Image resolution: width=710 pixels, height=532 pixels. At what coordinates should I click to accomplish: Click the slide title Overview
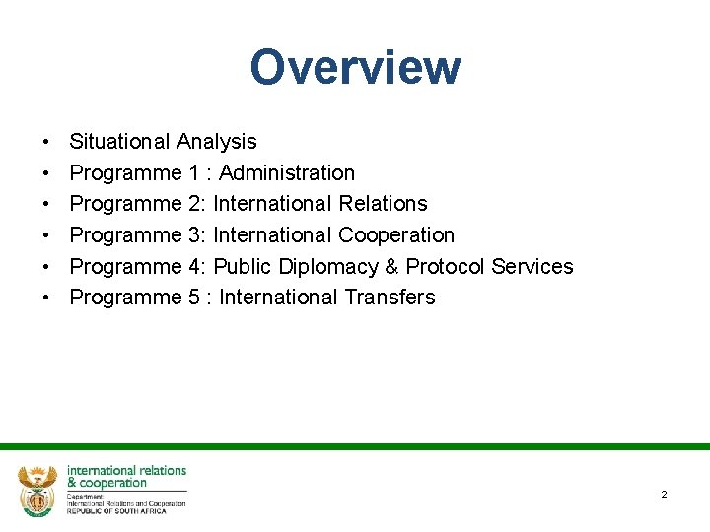tap(355, 68)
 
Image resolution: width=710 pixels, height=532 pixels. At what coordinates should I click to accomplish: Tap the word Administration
tap(287, 173)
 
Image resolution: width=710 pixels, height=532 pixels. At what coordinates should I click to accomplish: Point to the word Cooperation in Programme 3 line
tap(396, 235)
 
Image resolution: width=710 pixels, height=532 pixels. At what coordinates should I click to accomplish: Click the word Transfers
tap(388, 298)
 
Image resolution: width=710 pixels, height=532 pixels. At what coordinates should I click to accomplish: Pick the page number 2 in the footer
tap(664, 494)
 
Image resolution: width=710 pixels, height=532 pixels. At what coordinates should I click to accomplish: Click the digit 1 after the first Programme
tap(190, 173)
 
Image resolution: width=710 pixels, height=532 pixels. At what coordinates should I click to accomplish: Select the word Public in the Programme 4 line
tap(245, 267)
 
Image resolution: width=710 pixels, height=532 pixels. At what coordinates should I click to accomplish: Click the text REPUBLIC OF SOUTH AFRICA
tap(116, 510)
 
